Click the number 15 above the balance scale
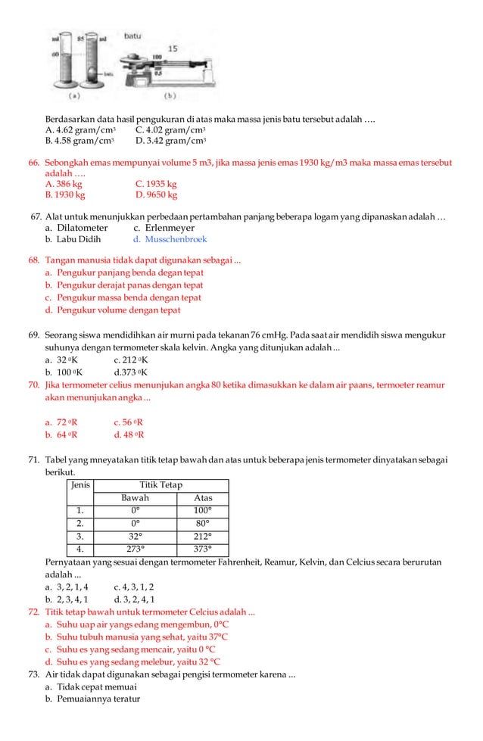173,48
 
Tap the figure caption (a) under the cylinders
76,96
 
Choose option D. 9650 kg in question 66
156,195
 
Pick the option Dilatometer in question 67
76,228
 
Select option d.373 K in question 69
130,372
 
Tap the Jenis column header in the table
80,484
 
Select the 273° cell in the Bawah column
135,550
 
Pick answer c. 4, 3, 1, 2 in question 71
133,586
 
